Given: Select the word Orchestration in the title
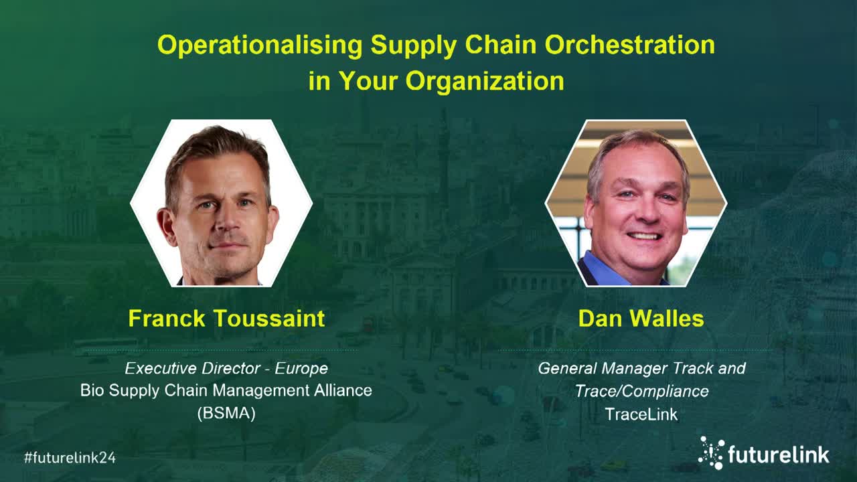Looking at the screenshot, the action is [x=630, y=45].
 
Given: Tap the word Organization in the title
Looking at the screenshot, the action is [x=485, y=82].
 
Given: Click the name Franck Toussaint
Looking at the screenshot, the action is [x=226, y=318].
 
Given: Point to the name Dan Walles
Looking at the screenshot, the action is [x=641, y=318].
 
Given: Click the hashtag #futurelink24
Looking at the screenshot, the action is [x=70, y=457].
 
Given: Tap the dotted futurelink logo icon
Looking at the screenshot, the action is [x=712, y=453].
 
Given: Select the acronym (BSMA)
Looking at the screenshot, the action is [x=226, y=413].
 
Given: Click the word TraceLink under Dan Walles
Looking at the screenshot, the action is [x=641, y=414].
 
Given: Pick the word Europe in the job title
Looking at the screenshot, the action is [x=301, y=368].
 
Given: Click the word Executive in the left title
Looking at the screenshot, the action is [x=160, y=368].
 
